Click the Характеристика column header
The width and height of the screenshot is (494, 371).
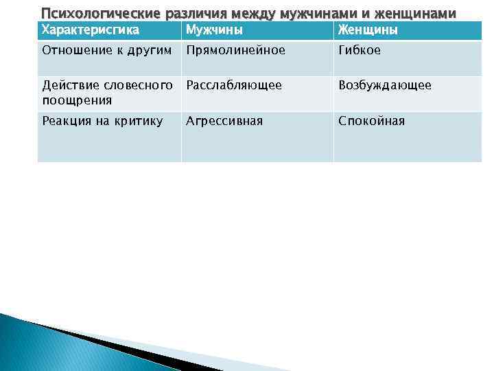(91, 30)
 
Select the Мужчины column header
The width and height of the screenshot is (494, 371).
(214, 30)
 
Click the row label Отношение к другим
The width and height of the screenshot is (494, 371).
(106, 50)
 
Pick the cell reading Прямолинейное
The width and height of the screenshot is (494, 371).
(235, 50)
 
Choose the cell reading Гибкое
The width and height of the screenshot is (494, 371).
(359, 50)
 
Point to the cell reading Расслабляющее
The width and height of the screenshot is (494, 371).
(233, 85)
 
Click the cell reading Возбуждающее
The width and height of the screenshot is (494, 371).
(384, 85)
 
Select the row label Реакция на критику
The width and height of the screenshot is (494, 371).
(102, 121)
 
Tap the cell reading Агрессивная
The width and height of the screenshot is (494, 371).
(224, 121)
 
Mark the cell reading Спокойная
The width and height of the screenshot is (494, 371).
(371, 121)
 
